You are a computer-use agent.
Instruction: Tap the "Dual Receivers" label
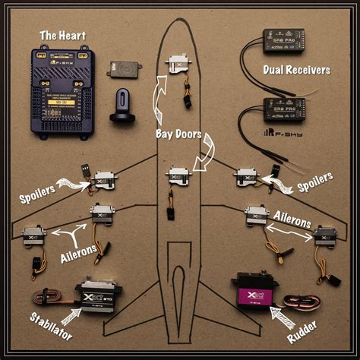point(297,71)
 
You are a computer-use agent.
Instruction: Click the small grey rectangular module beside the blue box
point(122,68)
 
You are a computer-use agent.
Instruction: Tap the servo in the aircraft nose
point(180,64)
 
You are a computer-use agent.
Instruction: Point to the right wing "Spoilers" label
point(314,182)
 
